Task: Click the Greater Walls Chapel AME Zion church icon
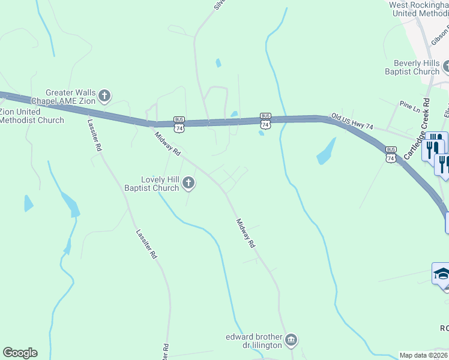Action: click(x=104, y=95)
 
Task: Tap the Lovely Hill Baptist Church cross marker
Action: click(x=188, y=183)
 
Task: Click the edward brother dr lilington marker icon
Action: click(x=292, y=340)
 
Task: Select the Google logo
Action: click(x=20, y=353)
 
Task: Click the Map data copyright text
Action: click(x=423, y=355)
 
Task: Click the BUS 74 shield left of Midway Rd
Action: click(x=179, y=124)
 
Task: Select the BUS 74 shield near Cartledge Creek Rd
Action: click(x=391, y=154)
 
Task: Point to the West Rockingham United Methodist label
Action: click(x=419, y=9)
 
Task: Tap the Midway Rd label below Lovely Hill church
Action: click(x=246, y=233)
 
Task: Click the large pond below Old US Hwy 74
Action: click(x=326, y=151)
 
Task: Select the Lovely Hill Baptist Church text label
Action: click(x=151, y=184)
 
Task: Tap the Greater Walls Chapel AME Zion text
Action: click(x=63, y=97)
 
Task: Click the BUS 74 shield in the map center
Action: click(x=265, y=120)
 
